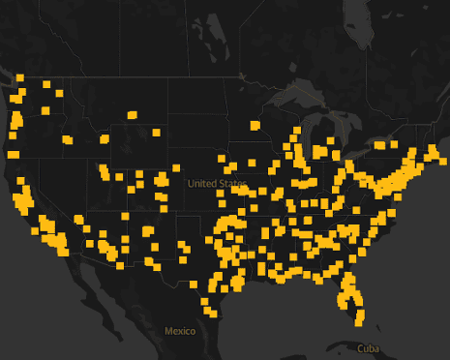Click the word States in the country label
click(x=231, y=184)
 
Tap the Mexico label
click(x=179, y=331)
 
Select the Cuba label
click(x=368, y=347)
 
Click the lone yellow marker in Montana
click(x=132, y=115)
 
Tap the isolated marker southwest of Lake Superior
click(x=255, y=125)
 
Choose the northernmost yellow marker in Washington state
click(x=19, y=78)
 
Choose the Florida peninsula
click(x=353, y=295)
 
